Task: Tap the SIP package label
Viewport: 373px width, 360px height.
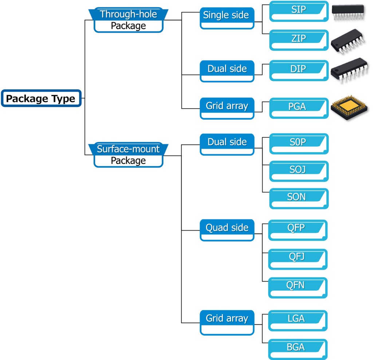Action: (298, 10)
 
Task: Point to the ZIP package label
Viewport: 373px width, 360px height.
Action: (298, 39)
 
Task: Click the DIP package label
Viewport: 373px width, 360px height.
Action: (298, 69)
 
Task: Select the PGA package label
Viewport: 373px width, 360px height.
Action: (297, 107)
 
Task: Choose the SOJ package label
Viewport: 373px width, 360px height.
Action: (297, 170)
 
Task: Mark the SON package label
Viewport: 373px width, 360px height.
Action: (297, 197)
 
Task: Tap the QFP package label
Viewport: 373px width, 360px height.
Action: (296, 228)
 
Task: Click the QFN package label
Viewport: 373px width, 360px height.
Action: (295, 285)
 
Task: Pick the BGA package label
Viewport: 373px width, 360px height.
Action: (295, 347)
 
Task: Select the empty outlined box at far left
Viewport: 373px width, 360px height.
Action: (41, 98)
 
